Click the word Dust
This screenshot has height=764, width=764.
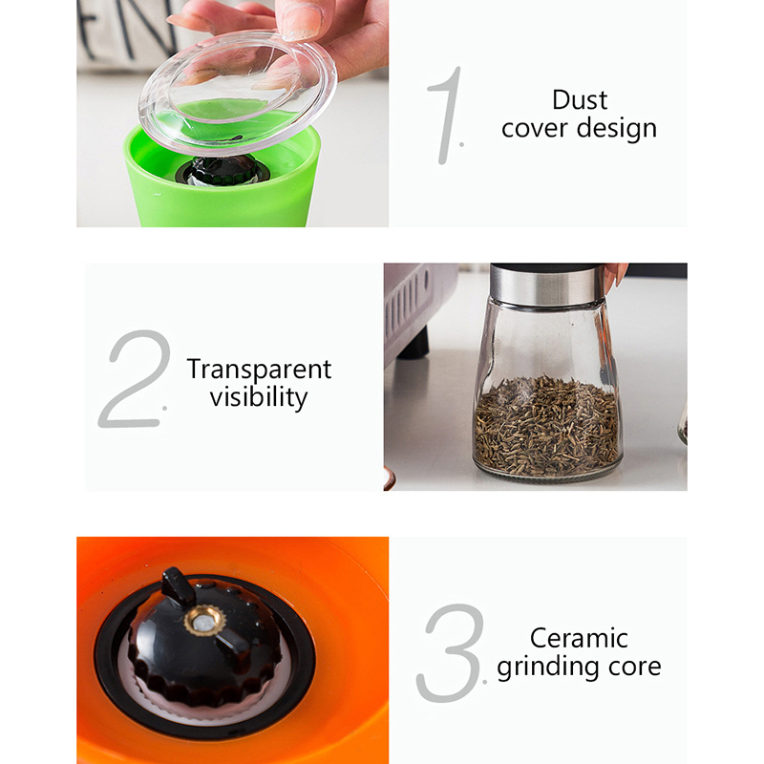click(580, 100)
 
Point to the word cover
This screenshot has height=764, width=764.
click(535, 129)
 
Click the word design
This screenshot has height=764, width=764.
click(617, 129)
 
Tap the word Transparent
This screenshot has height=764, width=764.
click(259, 370)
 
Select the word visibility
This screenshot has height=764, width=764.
click(259, 397)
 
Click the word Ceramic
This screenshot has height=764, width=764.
click(579, 638)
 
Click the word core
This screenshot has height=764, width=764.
click(634, 668)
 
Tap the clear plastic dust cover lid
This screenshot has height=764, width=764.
click(238, 93)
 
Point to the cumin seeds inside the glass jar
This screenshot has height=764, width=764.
click(546, 426)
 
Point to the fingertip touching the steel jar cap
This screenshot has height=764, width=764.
click(615, 276)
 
